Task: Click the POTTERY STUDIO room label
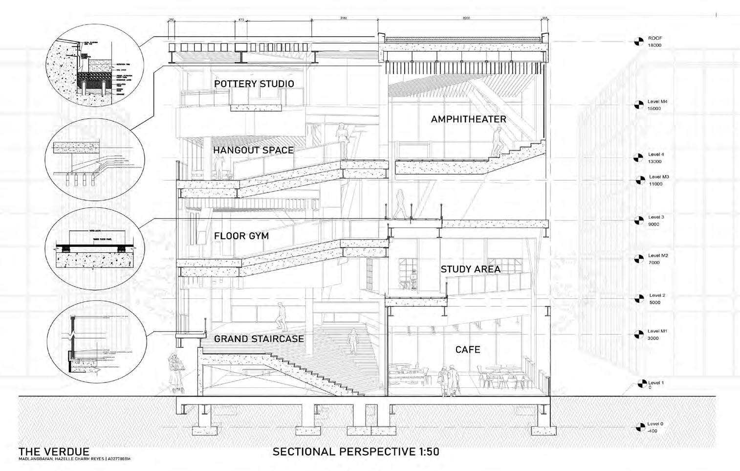coord(254,84)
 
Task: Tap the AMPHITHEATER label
coord(468,119)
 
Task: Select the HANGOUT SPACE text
coord(253,150)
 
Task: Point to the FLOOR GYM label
coord(241,236)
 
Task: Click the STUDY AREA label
coord(470,269)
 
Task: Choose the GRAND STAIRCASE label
coord(259,338)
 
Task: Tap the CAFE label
coord(468,349)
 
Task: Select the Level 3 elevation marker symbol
coord(638,221)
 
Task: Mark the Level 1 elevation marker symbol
coord(638,385)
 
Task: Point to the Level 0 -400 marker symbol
coord(638,427)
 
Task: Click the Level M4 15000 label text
coord(657,105)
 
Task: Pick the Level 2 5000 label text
coord(656,299)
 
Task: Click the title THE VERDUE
coord(54,451)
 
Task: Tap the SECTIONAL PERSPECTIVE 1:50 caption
coord(355,451)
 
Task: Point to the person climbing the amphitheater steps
coord(497,140)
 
